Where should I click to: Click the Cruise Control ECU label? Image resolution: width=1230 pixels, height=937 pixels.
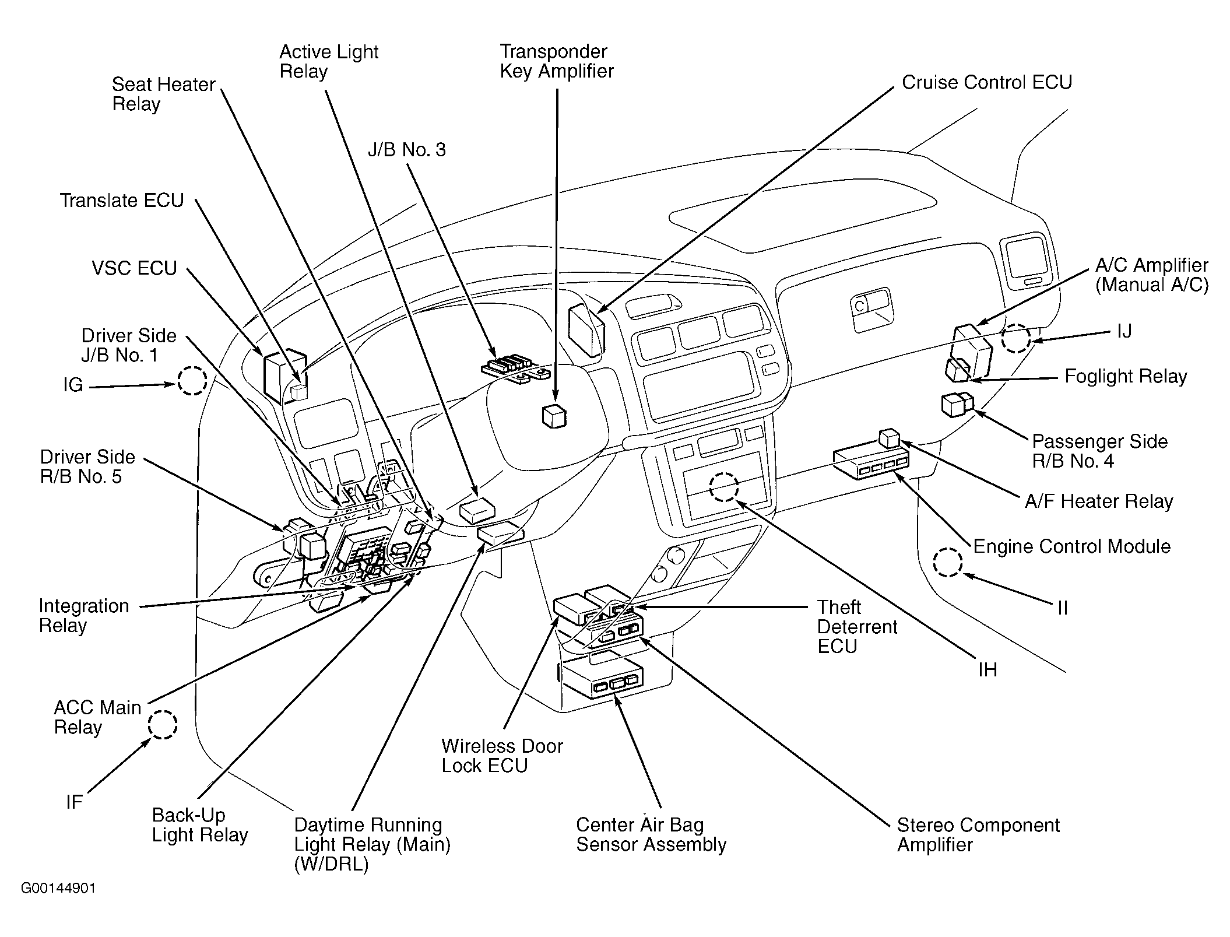986,82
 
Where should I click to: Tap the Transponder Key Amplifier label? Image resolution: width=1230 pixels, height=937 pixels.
556,61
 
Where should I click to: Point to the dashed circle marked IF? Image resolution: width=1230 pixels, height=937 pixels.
162,725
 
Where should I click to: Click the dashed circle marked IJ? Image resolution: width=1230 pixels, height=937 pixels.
1015,338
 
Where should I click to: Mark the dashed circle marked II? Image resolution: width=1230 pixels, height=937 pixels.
947,563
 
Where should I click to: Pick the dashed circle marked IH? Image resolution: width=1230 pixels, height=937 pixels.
724,487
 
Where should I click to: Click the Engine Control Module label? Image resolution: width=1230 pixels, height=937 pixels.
1071,546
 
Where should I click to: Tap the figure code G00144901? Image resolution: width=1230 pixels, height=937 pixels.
58,888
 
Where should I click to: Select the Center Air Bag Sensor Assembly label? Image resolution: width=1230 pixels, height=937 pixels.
651,834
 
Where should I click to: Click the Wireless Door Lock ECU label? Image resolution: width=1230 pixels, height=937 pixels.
502,756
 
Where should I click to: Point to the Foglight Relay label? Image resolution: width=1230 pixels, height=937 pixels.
1125,376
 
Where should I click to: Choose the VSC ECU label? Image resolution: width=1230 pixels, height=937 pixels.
134,268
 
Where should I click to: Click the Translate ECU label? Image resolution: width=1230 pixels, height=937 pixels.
122,201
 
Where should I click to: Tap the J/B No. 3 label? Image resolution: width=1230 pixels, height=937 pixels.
406,150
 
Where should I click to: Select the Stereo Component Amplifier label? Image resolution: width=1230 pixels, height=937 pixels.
978,834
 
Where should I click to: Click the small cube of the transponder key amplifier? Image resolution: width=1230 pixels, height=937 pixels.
554,416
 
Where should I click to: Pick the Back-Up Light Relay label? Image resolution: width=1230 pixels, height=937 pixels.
199,824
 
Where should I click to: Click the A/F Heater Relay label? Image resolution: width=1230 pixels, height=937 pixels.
1098,501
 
